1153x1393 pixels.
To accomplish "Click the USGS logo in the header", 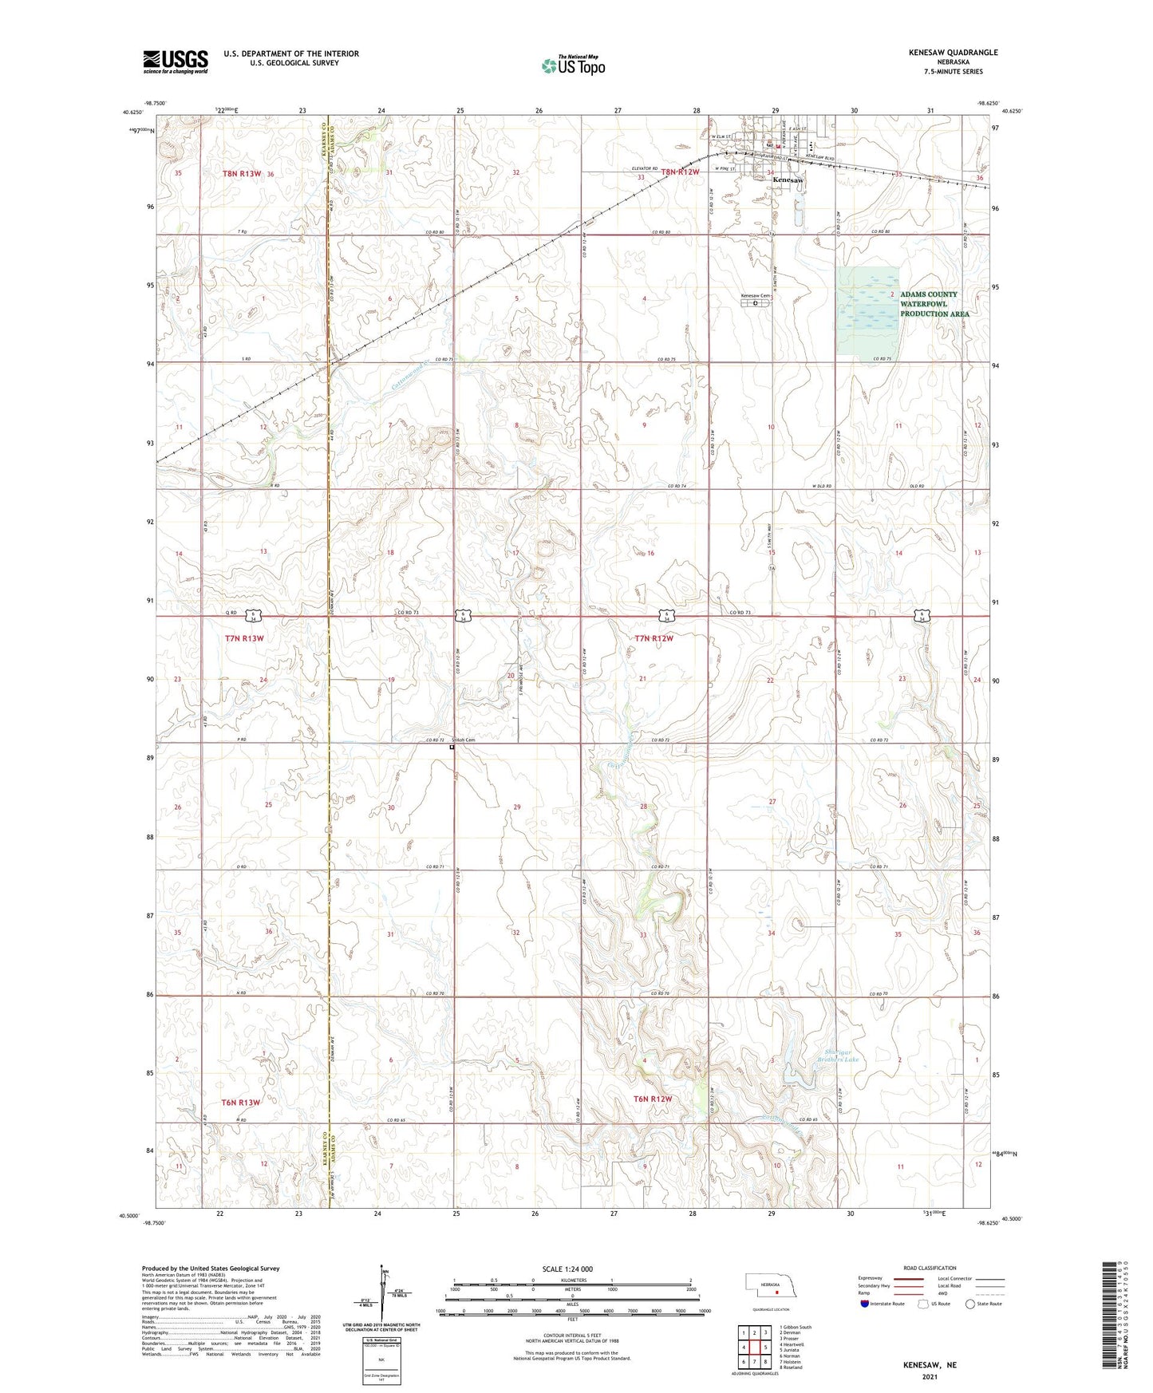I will tap(175, 61).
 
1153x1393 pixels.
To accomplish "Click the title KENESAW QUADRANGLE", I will tap(953, 53).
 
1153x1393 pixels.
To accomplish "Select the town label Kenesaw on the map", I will tap(788, 181).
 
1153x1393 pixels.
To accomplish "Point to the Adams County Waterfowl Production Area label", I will tap(934, 304).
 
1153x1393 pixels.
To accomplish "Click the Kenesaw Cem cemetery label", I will tap(756, 296).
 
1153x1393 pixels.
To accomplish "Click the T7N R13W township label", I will tap(244, 638).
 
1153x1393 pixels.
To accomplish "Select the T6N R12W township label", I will tap(653, 1099).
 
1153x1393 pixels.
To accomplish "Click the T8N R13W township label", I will tap(242, 173).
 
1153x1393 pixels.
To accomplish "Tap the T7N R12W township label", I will tap(653, 638).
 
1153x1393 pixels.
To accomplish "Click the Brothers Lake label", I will tap(837, 1060).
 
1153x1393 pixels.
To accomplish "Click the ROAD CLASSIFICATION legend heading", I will tap(930, 1268).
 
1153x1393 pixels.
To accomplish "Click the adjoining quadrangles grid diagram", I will tap(753, 1348).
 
